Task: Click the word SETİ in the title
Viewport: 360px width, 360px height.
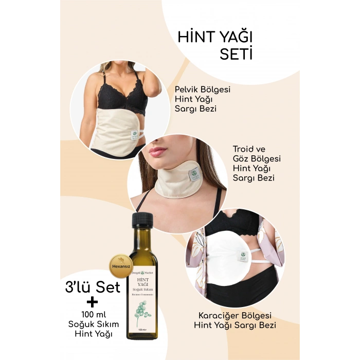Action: tap(236, 54)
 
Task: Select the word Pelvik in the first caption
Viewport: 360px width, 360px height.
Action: tap(188, 89)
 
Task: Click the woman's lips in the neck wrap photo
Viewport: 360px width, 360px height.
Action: tap(158, 152)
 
